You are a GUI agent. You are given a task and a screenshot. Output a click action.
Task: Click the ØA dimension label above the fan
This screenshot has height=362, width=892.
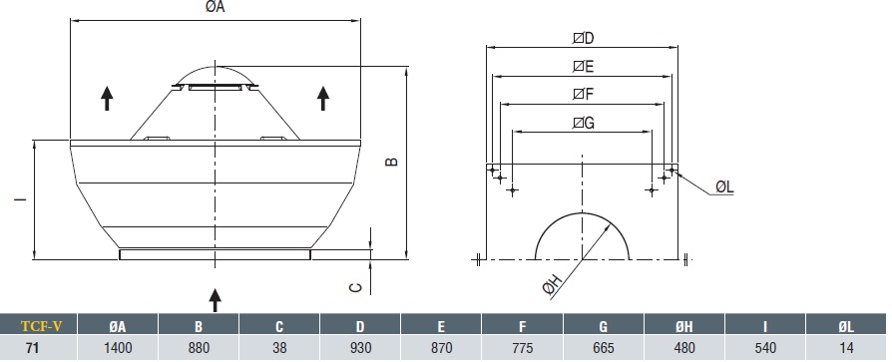[x=216, y=7]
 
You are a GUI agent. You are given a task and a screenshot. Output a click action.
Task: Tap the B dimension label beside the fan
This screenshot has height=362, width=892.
[x=391, y=162]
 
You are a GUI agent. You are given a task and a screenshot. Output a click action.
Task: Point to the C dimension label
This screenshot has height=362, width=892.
[x=355, y=287]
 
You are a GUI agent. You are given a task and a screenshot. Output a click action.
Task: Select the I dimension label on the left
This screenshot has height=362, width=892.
[x=21, y=199]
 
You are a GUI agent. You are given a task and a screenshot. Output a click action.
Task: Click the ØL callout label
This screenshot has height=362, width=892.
[x=724, y=186]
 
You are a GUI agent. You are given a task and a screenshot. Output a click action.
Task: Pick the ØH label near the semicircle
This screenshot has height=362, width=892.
[x=553, y=283]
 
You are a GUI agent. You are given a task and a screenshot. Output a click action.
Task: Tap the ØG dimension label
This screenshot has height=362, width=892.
[x=583, y=123]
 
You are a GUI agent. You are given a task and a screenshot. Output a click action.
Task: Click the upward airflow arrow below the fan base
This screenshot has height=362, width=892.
[x=216, y=299]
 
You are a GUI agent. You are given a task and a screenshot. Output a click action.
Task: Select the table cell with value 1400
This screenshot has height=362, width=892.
[x=118, y=347]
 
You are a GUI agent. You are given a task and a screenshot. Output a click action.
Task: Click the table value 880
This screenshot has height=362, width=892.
[x=199, y=347]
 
